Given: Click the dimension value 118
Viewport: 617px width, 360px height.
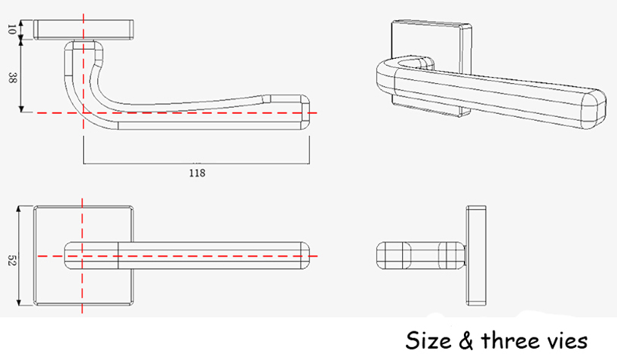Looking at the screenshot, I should [x=197, y=172].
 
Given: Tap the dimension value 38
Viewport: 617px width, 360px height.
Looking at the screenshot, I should [x=11, y=77].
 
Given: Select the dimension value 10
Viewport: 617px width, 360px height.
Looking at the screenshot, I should [x=11, y=29].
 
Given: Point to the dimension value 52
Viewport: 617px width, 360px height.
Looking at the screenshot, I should [x=11, y=260].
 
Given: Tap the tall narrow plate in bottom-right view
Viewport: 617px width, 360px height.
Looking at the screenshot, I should [x=477, y=255].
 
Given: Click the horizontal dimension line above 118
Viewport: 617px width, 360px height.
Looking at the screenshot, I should [x=197, y=162].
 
